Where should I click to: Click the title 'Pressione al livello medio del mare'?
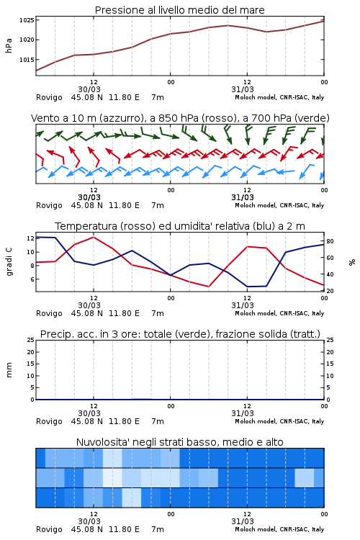click(180, 10)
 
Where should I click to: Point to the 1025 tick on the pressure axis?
click(27, 20)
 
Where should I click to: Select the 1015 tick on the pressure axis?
click(27, 60)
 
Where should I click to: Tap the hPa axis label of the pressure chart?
click(9, 45)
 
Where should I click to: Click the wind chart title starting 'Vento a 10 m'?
click(180, 118)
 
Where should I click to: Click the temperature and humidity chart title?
click(180, 226)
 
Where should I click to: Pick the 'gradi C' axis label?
click(9, 261)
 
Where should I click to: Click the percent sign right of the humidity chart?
click(352, 262)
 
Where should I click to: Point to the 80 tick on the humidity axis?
click(330, 241)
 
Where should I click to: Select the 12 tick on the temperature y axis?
click(30, 238)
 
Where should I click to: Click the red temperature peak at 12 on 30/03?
click(94, 237)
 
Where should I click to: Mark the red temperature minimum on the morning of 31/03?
click(208, 287)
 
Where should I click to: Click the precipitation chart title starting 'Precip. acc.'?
click(180, 334)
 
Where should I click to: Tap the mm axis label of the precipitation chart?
click(9, 370)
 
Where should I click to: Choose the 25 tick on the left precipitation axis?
click(31, 340)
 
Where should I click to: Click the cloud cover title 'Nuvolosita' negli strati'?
click(180, 442)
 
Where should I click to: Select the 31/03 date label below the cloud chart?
click(243, 521)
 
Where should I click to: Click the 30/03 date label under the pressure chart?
click(89, 89)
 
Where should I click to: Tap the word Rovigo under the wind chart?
click(49, 206)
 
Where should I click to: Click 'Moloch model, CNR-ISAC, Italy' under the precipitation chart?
click(279, 421)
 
